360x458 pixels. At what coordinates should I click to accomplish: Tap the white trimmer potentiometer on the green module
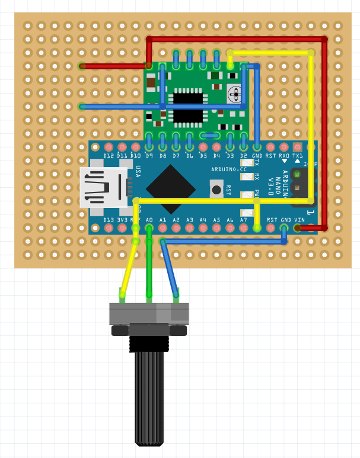235,93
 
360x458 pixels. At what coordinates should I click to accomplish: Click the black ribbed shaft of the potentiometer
149,397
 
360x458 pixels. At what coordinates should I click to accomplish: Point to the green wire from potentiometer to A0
149,267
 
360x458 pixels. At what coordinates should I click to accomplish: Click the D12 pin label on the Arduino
108,156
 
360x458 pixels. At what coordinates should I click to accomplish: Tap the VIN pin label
300,220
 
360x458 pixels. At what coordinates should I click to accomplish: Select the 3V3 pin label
122,220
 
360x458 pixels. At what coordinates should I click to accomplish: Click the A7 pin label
244,220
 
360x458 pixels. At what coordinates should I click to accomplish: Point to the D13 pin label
108,220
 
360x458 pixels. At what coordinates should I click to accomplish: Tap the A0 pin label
149,220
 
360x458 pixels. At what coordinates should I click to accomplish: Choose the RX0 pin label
284,156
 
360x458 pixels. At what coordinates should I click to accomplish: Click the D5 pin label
203,156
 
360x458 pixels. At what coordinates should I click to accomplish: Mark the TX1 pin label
298,156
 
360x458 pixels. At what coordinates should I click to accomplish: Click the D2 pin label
244,156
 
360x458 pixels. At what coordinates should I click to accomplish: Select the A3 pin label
190,220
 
